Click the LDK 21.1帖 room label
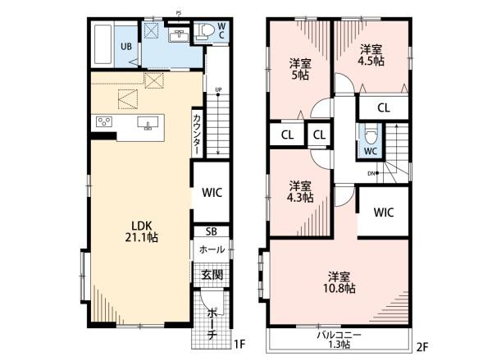(x=141, y=231)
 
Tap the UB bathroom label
(x=126, y=47)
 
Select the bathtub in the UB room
(x=103, y=44)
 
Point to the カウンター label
(x=197, y=135)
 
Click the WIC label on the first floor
(x=212, y=193)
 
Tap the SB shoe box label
(x=212, y=231)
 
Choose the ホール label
(x=212, y=249)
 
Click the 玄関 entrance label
(x=212, y=275)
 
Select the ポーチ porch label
(x=212, y=324)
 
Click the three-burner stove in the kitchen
(x=104, y=121)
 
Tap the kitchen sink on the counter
(x=148, y=123)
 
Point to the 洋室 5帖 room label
(x=300, y=70)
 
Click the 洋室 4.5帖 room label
(x=371, y=55)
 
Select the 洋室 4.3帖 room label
(x=300, y=192)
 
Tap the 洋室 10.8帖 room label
(x=339, y=282)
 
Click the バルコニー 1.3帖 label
(x=339, y=340)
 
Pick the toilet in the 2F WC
(x=371, y=136)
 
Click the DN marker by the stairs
(x=373, y=173)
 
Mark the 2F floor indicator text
(x=422, y=346)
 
